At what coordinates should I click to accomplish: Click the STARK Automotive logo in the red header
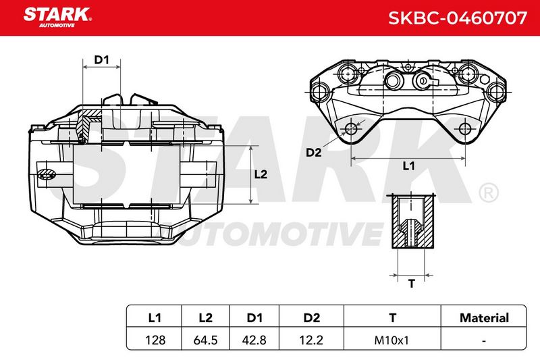(57, 18)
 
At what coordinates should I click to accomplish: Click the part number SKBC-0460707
(458, 18)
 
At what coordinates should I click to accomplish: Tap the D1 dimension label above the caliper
(102, 59)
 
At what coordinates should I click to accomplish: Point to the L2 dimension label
(261, 174)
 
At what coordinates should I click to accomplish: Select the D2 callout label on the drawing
(314, 152)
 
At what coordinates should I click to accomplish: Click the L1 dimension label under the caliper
(409, 166)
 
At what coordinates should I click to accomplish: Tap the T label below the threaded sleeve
(412, 284)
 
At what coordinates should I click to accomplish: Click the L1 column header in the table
(155, 317)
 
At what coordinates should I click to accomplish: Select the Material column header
(484, 317)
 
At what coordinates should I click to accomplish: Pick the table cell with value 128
(155, 340)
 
